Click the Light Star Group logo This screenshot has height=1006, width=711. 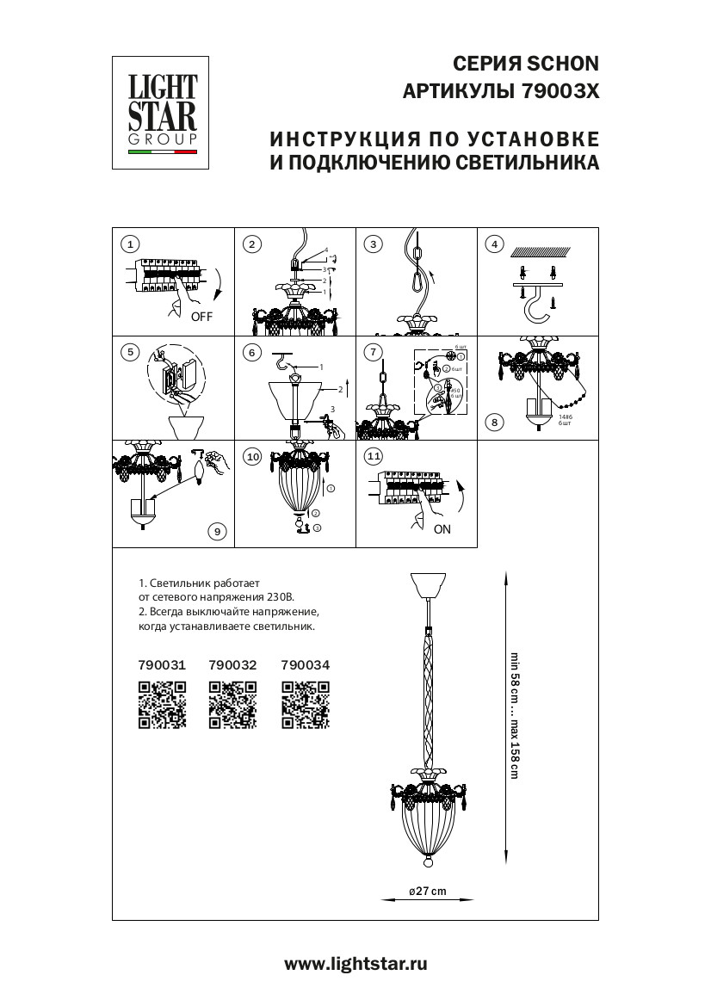coord(163,113)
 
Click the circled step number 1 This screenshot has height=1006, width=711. coord(129,244)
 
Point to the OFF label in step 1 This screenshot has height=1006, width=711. coord(201,317)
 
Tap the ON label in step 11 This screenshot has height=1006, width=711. coord(442,529)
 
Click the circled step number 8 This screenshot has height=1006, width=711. coord(493,422)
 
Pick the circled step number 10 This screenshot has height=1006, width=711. coord(251,457)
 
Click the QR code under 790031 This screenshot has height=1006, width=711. coord(162,704)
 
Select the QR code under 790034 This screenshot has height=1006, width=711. coord(306,704)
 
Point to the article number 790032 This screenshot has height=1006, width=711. coord(233,664)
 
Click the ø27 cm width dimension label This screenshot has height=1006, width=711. coord(427,891)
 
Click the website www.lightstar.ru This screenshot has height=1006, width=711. coord(355,964)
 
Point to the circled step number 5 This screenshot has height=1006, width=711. coord(129,351)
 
